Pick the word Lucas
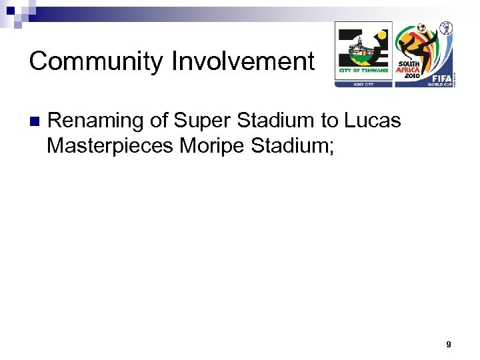coord(373,121)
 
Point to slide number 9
coord(449,344)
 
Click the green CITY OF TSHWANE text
coord(359,71)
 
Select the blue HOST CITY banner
coord(363,83)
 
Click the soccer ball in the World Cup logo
coord(421,29)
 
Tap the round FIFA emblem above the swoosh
coord(445,27)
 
